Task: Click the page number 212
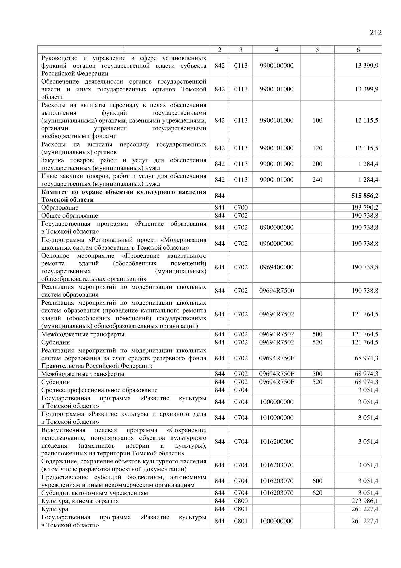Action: tap(376, 33)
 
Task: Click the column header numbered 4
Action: tap(276, 50)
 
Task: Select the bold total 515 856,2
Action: tap(365, 196)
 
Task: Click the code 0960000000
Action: tap(276, 244)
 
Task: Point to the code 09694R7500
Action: tap(276, 291)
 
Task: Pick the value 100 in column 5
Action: tap(317, 120)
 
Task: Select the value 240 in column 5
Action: tap(317, 180)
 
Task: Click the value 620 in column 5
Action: tap(317, 493)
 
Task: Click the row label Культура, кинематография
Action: tap(80, 501)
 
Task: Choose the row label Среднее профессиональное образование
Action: tap(99, 390)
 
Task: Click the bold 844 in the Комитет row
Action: tap(219, 196)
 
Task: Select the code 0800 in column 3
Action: tap(241, 501)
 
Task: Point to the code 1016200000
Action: tap(276, 442)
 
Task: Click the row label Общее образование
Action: tap(70, 216)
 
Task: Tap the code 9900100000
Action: tap(276, 66)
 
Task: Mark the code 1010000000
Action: tap(276, 418)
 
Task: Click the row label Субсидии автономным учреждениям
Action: tap(95, 493)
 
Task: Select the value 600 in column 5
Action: tap(317, 481)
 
